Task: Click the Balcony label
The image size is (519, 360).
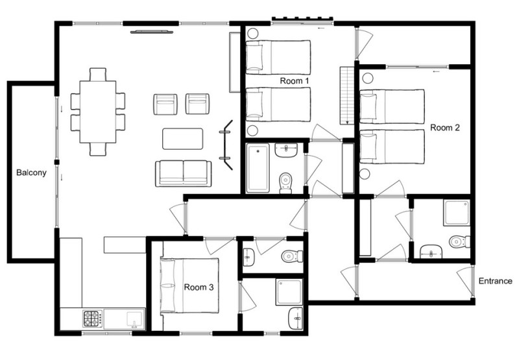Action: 31,173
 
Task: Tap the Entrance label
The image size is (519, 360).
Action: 496,282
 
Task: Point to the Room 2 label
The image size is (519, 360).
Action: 445,127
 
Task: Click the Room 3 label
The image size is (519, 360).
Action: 199,287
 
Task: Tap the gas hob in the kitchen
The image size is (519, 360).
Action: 93,318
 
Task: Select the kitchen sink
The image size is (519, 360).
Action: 134,319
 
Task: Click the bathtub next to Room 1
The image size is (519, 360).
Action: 258,168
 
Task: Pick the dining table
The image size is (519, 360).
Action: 98,112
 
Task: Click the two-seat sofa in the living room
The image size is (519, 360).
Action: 184,174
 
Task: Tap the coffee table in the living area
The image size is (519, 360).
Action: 183,139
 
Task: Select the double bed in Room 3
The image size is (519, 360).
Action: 189,285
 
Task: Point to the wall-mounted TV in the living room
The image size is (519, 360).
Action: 152,32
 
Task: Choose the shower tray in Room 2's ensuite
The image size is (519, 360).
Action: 457,213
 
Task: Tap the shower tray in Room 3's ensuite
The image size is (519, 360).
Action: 289,292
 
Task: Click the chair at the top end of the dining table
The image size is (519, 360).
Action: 98,74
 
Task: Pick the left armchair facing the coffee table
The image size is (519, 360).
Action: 165,104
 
